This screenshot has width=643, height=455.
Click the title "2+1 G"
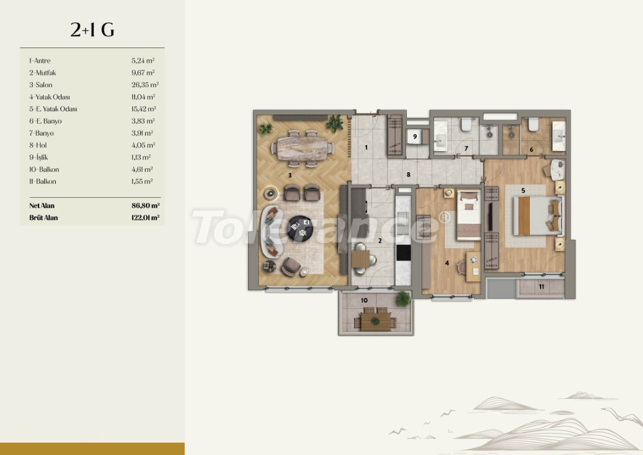(x=92, y=30)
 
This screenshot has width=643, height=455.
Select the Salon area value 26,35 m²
(x=145, y=85)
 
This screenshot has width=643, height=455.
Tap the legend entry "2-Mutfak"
(x=42, y=73)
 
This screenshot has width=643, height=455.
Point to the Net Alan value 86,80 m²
(x=146, y=206)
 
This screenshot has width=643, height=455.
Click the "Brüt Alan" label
(x=43, y=217)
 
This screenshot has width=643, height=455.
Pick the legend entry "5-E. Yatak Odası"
(x=53, y=109)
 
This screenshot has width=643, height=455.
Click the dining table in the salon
(x=302, y=148)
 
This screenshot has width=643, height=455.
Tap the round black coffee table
(x=301, y=228)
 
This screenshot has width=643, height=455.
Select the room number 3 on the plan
(x=290, y=175)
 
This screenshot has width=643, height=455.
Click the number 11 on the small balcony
(x=541, y=287)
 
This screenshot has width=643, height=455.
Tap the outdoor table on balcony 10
(x=375, y=321)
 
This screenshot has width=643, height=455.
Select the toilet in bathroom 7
(x=466, y=124)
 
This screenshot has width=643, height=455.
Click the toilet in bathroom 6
(x=533, y=124)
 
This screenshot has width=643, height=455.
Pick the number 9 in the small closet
(x=415, y=137)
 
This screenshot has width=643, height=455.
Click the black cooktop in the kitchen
(x=403, y=253)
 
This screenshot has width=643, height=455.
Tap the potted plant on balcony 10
(x=403, y=298)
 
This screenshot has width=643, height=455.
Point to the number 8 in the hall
(x=409, y=175)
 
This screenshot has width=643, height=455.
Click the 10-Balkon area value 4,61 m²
(x=142, y=169)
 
